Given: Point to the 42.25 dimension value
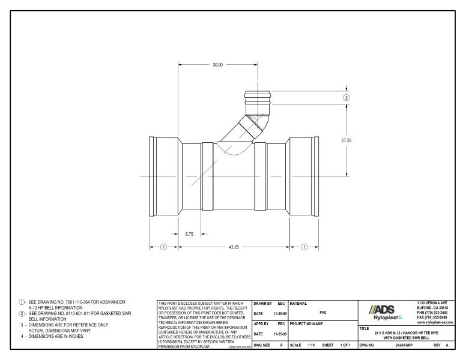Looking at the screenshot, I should (x=234, y=247).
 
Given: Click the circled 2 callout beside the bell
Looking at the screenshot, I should (x=346, y=97).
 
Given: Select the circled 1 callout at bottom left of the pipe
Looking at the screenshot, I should (x=163, y=247).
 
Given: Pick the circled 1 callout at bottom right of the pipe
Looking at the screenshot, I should (x=304, y=247).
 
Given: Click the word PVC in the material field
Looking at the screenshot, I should (x=323, y=313).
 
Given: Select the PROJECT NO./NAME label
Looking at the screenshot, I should (x=309, y=325).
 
